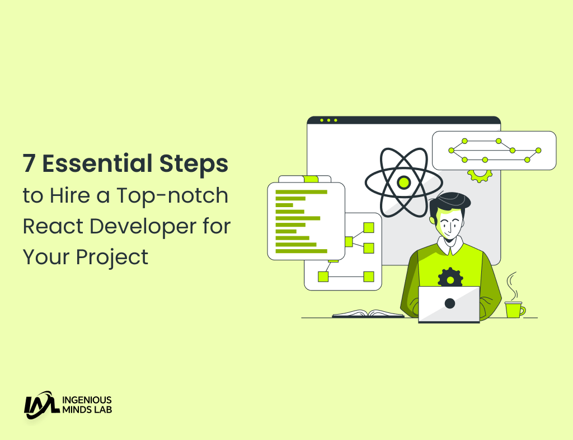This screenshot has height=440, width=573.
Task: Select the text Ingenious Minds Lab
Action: pos(86,405)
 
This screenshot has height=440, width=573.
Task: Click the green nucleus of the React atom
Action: pos(403,182)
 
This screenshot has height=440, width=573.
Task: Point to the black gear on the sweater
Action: pos(450,277)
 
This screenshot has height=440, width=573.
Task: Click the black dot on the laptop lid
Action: pos(449,303)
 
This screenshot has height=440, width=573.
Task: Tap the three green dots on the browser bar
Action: pos(329,120)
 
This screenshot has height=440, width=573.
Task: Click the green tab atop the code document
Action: pos(310,179)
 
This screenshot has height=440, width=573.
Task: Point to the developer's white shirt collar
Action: pos(450,244)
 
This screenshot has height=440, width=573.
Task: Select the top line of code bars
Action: pos(301,192)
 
